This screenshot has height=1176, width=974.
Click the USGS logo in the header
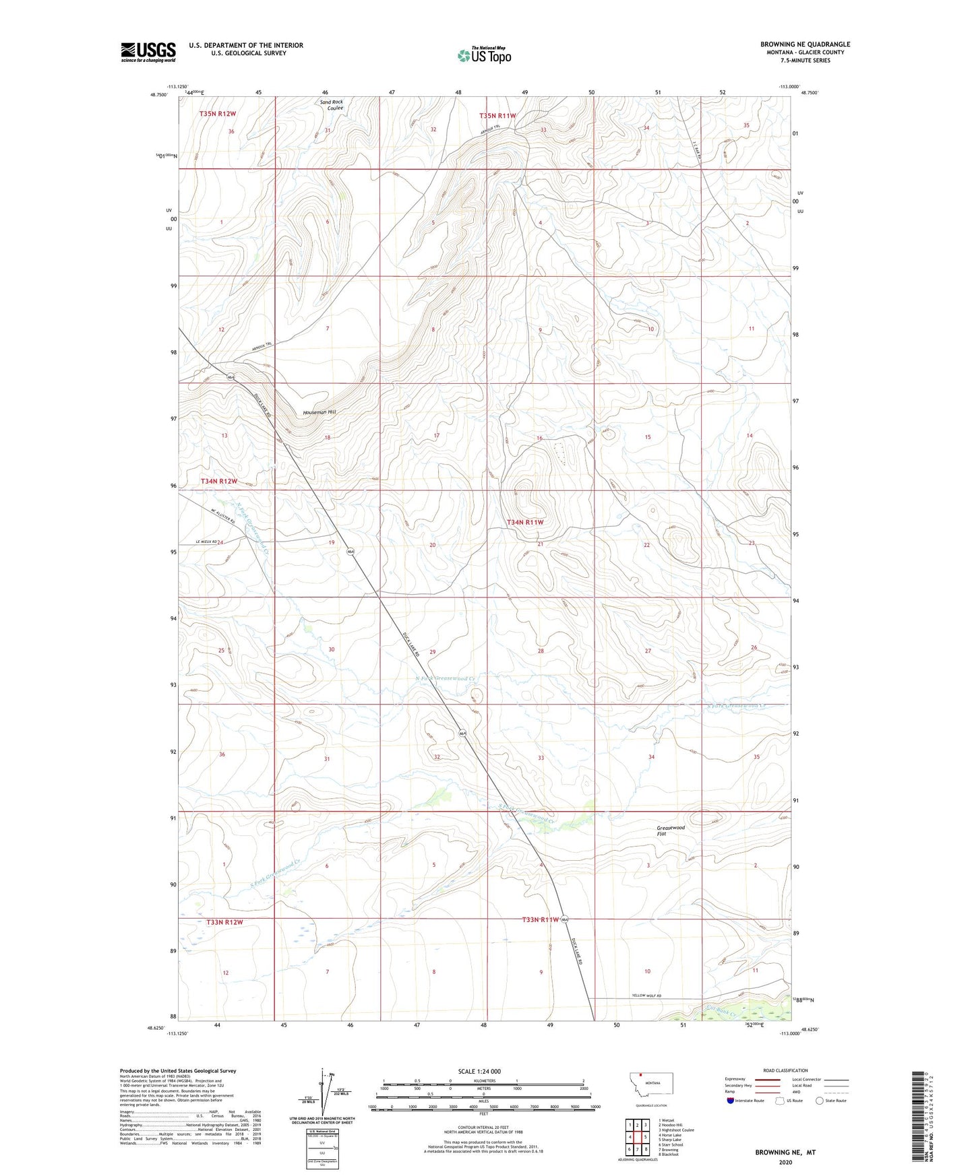(148, 52)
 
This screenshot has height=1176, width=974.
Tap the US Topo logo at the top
(483, 55)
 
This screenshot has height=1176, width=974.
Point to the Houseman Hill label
(319, 412)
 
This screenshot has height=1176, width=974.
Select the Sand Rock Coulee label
(331, 105)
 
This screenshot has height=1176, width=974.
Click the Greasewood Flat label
(670, 830)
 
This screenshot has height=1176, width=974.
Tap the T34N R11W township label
(524, 522)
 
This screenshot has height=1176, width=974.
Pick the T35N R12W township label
(218, 114)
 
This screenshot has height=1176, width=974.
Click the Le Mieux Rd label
(206, 542)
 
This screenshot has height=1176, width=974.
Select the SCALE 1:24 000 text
(479, 1071)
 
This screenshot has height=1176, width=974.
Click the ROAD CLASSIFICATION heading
(785, 1070)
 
